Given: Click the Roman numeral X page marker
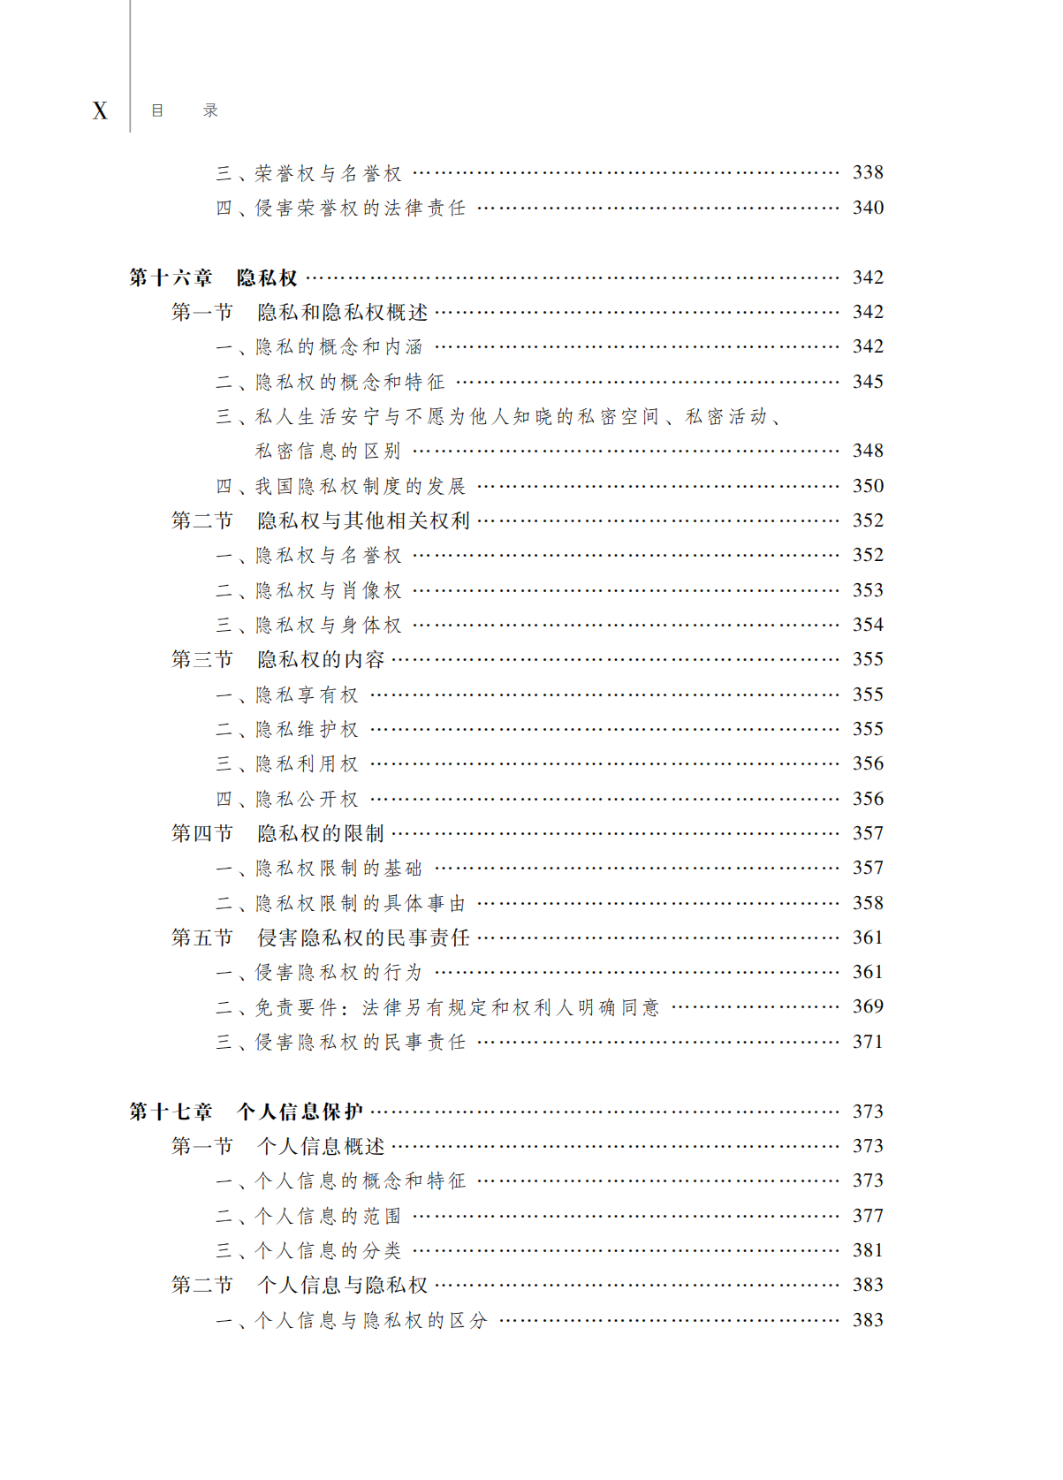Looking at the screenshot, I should (100, 110).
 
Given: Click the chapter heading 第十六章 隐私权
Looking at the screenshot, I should (213, 277).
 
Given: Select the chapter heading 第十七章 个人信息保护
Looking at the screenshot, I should (246, 1112).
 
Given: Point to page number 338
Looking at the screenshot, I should (867, 173).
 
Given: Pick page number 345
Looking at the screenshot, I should (867, 382).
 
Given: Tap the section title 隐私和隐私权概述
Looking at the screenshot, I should (342, 312).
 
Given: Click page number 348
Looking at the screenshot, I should (867, 451).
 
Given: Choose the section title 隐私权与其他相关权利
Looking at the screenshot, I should (363, 520).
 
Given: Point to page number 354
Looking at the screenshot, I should (867, 625).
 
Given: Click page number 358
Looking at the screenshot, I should (867, 903).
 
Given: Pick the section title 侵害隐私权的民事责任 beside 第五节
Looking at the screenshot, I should (363, 937).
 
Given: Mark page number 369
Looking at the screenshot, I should (867, 1006).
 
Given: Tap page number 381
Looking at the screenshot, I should (867, 1250).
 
